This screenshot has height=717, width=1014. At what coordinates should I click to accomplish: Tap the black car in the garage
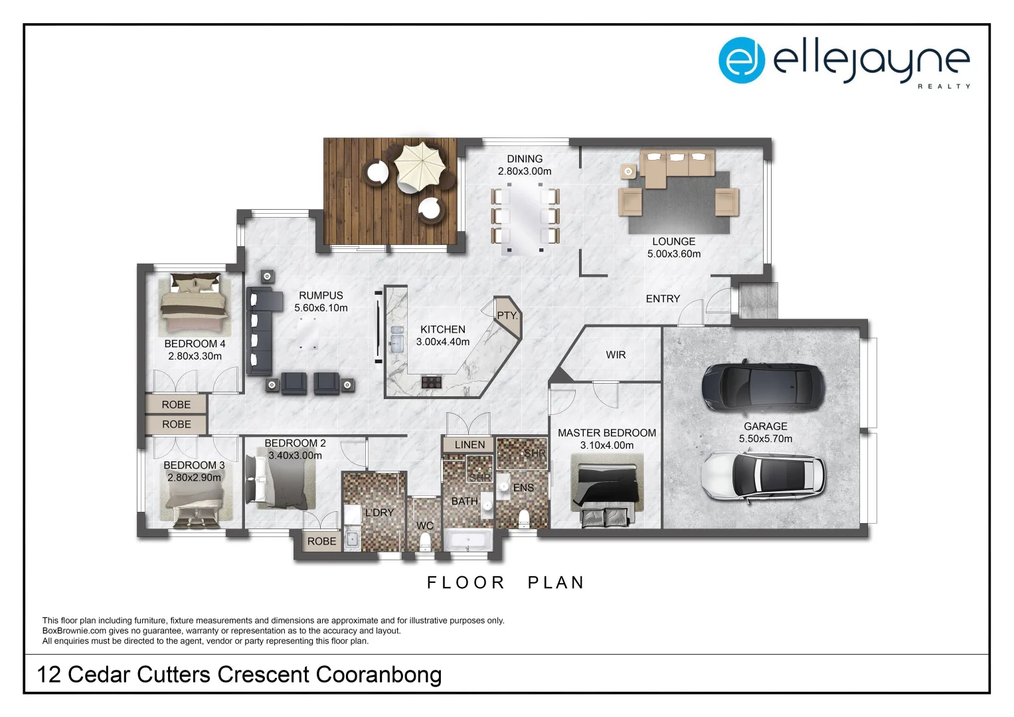[763, 387]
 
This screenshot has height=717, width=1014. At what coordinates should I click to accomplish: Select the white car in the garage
[763, 476]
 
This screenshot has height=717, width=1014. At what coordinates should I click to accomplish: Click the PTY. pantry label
[507, 315]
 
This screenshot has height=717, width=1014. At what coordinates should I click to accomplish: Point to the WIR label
[616, 355]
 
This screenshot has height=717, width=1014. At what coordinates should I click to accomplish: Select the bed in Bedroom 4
[195, 305]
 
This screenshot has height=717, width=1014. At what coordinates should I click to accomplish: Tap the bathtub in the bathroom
[468, 540]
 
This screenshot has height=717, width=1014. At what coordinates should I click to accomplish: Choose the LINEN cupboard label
[469, 445]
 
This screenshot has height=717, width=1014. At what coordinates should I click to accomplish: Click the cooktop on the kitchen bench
[431, 382]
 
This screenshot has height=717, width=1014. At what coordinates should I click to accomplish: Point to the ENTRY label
[663, 299]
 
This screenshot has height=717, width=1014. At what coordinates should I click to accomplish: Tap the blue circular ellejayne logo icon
[741, 60]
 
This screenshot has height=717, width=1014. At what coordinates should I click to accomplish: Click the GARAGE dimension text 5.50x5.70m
[765, 439]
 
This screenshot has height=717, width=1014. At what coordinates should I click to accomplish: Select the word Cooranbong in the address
[379, 675]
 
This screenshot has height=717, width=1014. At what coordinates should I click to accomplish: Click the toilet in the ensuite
[524, 518]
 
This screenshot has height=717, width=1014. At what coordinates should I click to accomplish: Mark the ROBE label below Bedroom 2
[321, 542]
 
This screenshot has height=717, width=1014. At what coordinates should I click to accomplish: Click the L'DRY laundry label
[379, 513]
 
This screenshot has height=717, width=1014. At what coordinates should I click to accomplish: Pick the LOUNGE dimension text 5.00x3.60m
[673, 254]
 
